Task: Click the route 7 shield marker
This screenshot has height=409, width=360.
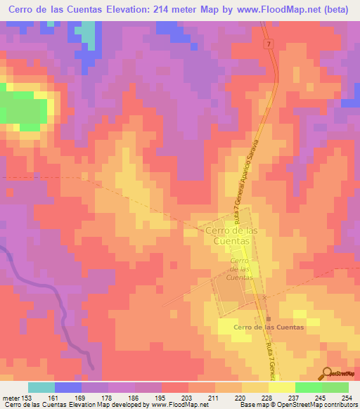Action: (x=268, y=44)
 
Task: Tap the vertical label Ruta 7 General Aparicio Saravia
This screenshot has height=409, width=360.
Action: (x=248, y=183)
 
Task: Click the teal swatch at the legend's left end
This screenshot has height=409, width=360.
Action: (x=41, y=387)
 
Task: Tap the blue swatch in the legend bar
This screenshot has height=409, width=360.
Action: (x=68, y=387)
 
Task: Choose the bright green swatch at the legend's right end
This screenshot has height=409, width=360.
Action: (x=335, y=387)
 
